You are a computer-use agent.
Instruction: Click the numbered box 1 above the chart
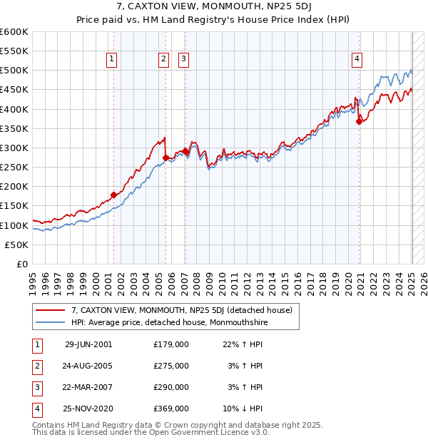pyautogui.click(x=113, y=59)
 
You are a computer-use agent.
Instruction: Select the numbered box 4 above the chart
pyautogui.click(x=356, y=59)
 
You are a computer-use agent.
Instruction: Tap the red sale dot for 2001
pyautogui.click(x=113, y=195)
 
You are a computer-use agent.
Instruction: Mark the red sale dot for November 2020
pyautogui.click(x=359, y=121)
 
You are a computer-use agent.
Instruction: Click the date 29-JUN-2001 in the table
pyautogui.click(x=88, y=344)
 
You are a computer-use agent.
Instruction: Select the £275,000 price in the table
pyautogui.click(x=171, y=366)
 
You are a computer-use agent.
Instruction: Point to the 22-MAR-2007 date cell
pyautogui.click(x=88, y=387)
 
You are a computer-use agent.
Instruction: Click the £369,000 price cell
pyautogui.click(x=171, y=408)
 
